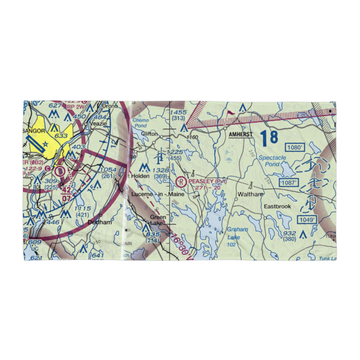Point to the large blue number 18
pyautogui.click(x=269, y=138)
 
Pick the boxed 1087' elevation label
pyautogui.click(x=289, y=183)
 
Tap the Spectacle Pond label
pyautogui.click(x=273, y=161)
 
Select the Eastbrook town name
pyautogui.click(x=277, y=207)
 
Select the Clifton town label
pyautogui.click(x=149, y=134)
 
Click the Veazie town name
pyautogui.click(x=96, y=123)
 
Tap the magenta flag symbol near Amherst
pyautogui.click(x=229, y=114)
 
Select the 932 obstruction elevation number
pyautogui.click(x=289, y=234)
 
